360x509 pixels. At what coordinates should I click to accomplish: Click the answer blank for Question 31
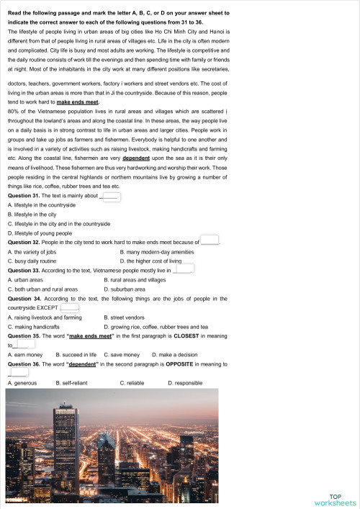(x=112, y=196)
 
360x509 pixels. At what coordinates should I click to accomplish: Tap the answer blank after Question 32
(x=209, y=240)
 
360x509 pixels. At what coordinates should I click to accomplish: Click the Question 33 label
(x=28, y=270)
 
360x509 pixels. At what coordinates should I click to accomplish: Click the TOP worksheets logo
(x=335, y=499)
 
